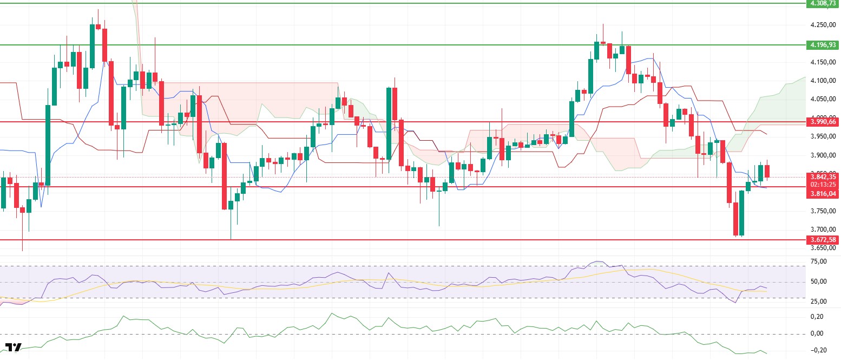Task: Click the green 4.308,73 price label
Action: (x=823, y=3)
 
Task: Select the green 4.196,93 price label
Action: (x=823, y=45)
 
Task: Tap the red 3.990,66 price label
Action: (x=823, y=122)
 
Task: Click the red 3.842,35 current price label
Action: (x=823, y=176)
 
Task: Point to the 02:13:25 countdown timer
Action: (x=823, y=184)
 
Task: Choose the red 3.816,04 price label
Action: (x=823, y=193)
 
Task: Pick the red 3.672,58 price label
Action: (x=823, y=239)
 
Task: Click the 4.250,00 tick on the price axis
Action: (x=823, y=25)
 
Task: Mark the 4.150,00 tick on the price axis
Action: (x=823, y=62)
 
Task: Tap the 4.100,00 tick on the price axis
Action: (x=823, y=81)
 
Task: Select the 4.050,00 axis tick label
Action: (x=823, y=99)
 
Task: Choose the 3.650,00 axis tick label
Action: (x=823, y=248)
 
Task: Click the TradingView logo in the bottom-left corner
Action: (x=14, y=348)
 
